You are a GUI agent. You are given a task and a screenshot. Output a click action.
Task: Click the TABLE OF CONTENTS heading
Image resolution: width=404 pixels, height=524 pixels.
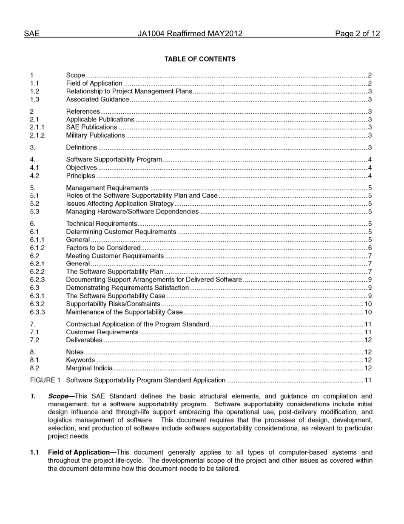200,59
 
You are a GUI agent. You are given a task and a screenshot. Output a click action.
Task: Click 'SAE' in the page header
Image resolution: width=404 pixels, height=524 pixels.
31,34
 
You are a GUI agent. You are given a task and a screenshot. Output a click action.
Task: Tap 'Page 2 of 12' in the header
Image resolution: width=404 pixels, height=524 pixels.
357,34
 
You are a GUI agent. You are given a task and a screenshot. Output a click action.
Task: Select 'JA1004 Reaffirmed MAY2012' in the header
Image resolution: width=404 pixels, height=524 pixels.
190,34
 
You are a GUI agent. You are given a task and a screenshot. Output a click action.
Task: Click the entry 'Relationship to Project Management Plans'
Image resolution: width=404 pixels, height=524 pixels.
129,91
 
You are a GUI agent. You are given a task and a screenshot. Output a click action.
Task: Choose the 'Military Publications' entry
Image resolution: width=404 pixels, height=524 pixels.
95,135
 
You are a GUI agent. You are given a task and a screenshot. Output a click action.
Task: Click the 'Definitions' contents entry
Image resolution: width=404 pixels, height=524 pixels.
81,147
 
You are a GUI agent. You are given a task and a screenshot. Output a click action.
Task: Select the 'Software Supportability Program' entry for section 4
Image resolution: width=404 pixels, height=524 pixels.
114,160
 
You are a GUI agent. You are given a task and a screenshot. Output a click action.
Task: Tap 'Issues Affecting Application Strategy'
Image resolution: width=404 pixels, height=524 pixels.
119,204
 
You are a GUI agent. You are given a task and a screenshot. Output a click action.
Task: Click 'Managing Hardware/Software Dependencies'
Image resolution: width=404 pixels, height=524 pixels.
132,212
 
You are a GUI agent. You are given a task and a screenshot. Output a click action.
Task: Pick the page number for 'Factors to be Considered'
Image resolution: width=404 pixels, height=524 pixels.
370,248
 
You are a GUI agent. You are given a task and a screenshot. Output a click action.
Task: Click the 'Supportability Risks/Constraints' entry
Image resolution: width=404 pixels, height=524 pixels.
113,304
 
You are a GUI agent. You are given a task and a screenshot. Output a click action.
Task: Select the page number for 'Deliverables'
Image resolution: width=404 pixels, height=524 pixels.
368,340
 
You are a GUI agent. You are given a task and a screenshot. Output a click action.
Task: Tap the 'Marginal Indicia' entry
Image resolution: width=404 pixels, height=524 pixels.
89,368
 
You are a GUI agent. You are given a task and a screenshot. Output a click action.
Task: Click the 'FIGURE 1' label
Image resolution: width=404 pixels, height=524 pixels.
45,380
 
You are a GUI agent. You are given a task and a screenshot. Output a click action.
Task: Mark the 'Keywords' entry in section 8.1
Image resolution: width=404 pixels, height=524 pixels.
80,360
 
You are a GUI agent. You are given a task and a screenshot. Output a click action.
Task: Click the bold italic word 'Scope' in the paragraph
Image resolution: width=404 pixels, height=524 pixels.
58,396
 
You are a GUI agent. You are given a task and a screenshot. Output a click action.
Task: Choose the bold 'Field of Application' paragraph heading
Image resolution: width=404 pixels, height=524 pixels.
79,452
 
